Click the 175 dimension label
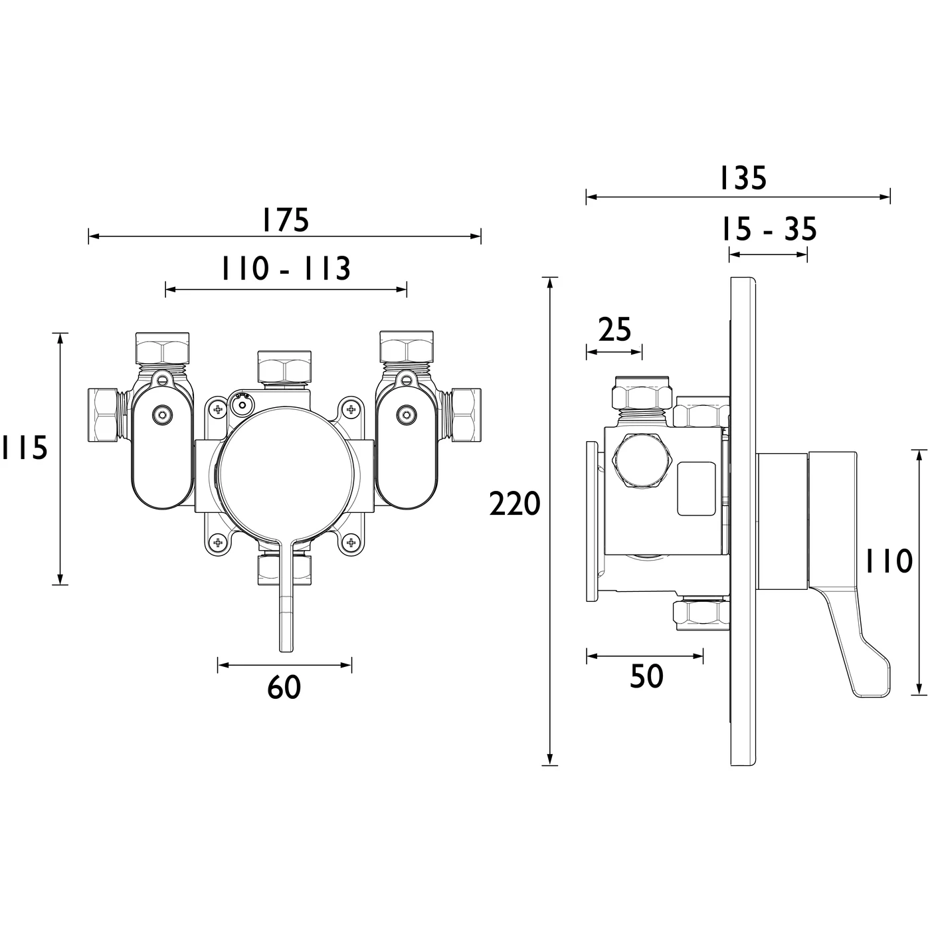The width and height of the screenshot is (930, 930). coord(284,220)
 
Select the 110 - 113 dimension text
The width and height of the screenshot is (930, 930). coord(286,269)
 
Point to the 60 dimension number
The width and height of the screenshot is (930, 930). coord(284,687)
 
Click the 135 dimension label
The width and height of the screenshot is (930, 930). coord(743,178)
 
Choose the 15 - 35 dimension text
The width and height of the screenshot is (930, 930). coord(769,230)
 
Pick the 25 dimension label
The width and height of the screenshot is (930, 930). coord(614,329)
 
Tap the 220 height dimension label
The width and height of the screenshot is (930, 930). coord(515,504)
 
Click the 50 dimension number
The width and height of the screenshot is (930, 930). coord(646,676)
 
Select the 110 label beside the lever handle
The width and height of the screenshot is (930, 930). coord(888,562)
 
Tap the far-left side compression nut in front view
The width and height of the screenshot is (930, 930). coord(104,415)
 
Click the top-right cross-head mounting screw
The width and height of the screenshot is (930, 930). coord(350,409)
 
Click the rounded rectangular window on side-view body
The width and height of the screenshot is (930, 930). coord(696,489)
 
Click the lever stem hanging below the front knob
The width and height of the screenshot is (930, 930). coord(285,604)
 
